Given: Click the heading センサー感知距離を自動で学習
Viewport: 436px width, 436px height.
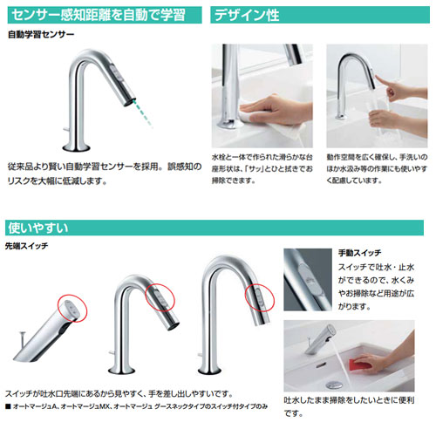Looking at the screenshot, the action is pos(99,15).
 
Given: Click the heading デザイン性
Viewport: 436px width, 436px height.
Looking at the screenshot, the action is pos(247,15).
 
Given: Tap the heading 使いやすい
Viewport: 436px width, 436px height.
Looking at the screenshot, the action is pos(38,228).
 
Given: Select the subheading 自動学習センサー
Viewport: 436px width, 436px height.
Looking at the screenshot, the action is pos(41,35).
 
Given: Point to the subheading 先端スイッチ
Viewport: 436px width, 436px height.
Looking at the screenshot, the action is pos(26,246).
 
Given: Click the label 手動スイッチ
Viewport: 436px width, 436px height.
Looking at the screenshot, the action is pos(359,253).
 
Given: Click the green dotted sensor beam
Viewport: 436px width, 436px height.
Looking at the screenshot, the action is pos(143,112).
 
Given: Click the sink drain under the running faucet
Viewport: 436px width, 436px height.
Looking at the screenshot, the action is pos(334,385).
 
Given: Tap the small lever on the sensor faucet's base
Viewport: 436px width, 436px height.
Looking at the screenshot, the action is pos(65,129).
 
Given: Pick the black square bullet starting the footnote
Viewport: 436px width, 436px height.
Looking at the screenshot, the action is pos(8,406).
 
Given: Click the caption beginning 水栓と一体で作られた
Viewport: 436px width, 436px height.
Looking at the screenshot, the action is pos(262,169).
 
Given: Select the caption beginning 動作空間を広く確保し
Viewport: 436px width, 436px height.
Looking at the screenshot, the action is pos(377,169).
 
